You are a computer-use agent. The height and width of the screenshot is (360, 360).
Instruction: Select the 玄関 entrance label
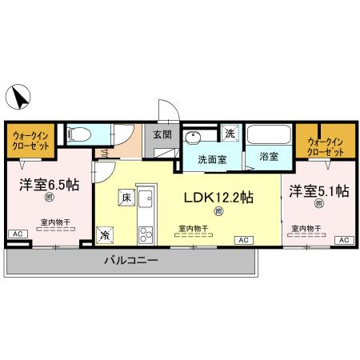(x=162, y=134)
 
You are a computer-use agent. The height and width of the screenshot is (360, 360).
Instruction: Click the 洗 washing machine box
(x=230, y=133)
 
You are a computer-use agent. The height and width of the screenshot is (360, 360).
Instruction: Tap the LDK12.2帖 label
(x=219, y=197)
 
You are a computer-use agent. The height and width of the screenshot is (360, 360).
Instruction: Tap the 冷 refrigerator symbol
(x=106, y=235)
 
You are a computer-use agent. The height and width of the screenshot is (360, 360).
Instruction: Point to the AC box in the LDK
(x=242, y=239)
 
